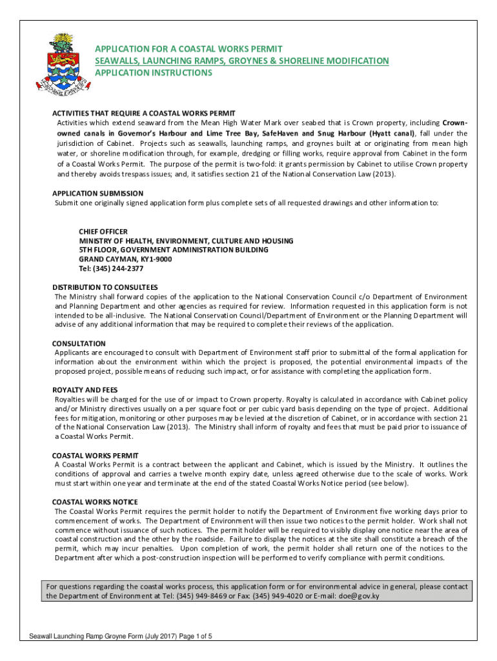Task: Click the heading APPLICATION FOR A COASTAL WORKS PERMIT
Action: pos(188,49)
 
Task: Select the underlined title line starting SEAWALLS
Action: pos(242,61)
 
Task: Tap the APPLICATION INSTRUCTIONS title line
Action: pos(154,73)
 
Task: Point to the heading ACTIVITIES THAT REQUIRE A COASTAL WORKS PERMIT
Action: pos(143,113)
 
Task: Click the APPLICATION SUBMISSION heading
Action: pos(97,193)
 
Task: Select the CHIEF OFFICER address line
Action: pos(103,231)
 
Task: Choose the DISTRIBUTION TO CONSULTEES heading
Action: pos(105,287)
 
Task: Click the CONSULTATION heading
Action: pos(79,343)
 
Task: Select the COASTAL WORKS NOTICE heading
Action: pos(95,502)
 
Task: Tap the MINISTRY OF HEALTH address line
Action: pos(186,241)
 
